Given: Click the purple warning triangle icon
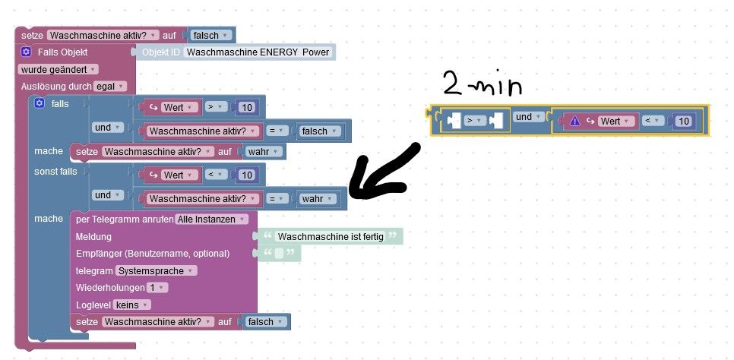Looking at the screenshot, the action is (575, 122).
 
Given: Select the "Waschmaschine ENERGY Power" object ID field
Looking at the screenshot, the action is (258, 52).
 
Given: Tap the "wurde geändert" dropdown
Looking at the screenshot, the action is (58, 69).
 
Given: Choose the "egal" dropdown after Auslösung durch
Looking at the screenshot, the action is (110, 87).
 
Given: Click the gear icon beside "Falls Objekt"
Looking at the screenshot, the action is (26, 52).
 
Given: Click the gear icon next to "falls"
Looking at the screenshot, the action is (40, 103).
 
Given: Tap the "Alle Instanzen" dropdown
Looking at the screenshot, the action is (211, 219).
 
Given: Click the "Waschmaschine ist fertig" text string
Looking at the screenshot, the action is (331, 236).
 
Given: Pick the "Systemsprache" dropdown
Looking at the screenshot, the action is (157, 270).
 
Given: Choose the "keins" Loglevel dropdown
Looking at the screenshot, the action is (131, 305).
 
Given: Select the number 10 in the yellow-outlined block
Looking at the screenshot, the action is (683, 122).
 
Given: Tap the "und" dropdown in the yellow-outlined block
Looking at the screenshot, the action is (529, 117).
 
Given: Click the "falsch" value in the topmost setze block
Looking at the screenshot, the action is (211, 35).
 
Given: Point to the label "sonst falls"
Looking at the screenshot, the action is (55, 172).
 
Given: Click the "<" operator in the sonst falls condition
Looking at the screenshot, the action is (216, 175).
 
